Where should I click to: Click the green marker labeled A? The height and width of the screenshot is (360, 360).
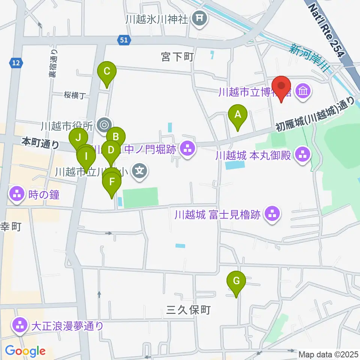click(237, 115)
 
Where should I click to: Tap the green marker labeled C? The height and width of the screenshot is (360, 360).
click(106, 71)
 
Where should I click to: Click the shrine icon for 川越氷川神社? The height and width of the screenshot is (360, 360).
click(199, 18)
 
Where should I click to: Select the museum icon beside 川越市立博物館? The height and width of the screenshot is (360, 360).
click(303, 90)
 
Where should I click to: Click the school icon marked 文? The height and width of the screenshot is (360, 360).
click(139, 172)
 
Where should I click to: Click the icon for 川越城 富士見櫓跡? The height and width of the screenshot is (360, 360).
click(272, 215)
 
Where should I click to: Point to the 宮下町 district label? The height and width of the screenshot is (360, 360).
click(177, 57)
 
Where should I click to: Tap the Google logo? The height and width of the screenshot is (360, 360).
click(25, 351)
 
